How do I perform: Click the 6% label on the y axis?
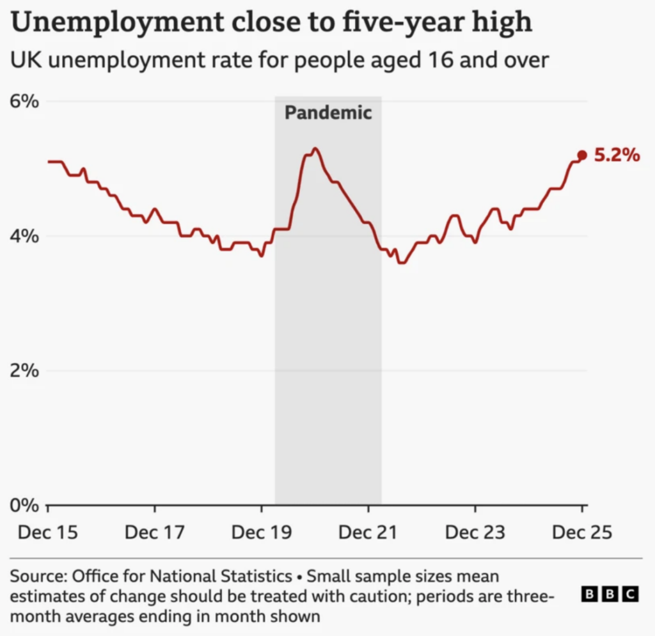pos(25,102)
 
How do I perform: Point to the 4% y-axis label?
pos(25,236)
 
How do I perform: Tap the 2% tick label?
pos(25,370)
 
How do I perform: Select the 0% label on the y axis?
pos(25,504)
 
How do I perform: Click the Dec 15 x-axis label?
pos(47,532)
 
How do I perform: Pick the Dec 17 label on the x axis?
pos(154,532)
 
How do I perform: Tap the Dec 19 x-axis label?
pos(261,532)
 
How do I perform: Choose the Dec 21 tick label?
pos(368,532)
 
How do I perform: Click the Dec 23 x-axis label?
pos(475,532)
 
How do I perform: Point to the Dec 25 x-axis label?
pos(581,532)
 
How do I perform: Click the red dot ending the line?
pos(582,155)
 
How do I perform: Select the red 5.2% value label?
pos(617,155)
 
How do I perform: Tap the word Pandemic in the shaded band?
pos(328,113)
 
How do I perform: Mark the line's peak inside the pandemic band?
pos(315,148)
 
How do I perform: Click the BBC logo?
pos(610,594)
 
